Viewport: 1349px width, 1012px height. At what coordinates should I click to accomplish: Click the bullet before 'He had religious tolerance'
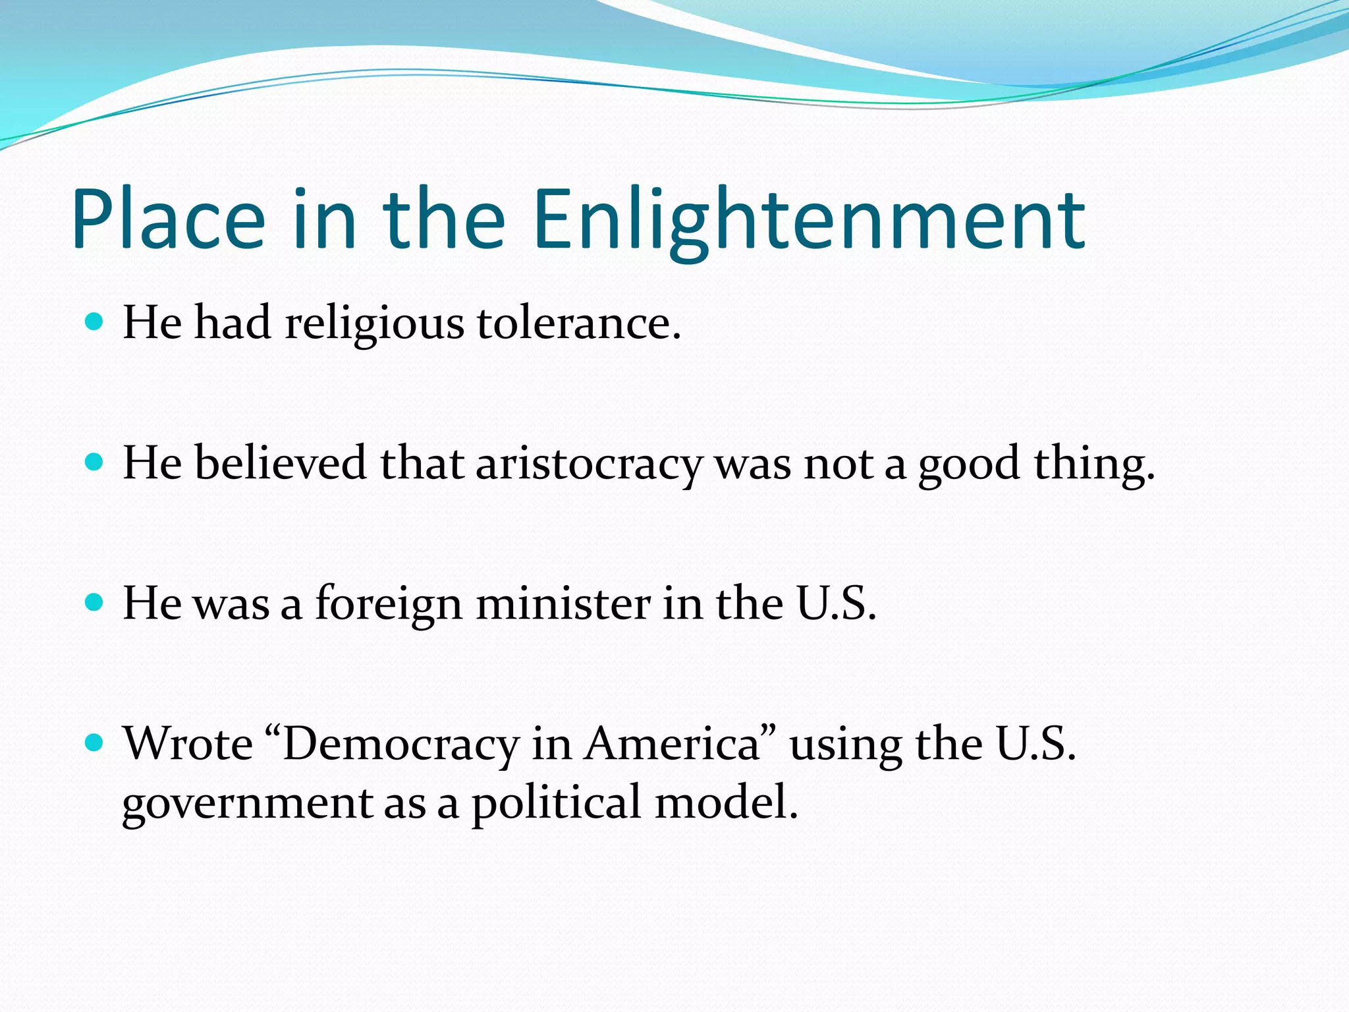(95, 322)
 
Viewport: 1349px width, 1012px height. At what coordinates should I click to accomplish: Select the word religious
(374, 324)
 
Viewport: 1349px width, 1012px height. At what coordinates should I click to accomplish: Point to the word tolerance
(578, 324)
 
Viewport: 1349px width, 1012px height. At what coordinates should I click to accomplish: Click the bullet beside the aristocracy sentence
(95, 462)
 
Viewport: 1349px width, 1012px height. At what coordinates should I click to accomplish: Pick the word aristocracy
(589, 464)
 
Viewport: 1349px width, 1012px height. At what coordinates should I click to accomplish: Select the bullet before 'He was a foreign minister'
(95, 602)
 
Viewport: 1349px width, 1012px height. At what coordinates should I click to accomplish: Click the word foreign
(389, 604)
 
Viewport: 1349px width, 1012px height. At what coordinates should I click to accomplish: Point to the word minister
(563, 604)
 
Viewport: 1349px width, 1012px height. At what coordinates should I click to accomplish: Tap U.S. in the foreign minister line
(837, 604)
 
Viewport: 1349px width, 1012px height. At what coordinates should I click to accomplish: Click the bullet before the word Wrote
(95, 743)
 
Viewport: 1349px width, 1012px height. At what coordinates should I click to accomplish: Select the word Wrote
(188, 745)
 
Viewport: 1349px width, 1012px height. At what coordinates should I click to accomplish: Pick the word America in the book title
(673, 745)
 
